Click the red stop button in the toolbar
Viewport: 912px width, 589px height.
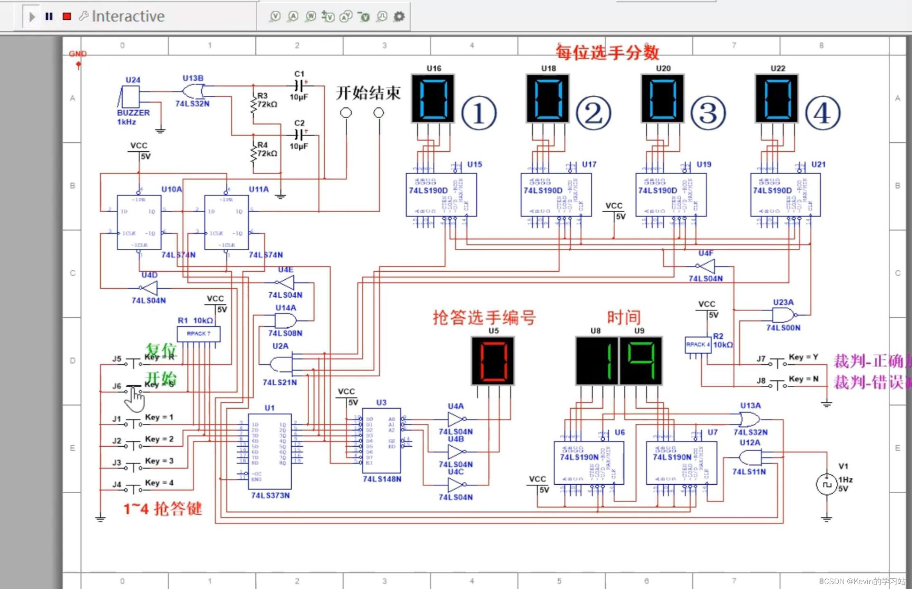pyautogui.click(x=67, y=16)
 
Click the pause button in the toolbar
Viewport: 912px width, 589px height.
pyautogui.click(x=49, y=16)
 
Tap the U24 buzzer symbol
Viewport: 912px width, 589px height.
pyautogui.click(x=131, y=97)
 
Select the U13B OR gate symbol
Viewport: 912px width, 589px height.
pyautogui.click(x=193, y=90)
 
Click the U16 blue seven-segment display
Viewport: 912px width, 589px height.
pyautogui.click(x=433, y=99)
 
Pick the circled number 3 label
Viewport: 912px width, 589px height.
pyautogui.click(x=708, y=113)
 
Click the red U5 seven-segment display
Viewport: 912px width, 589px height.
pyautogui.click(x=493, y=361)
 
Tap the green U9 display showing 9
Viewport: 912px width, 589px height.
pyautogui.click(x=641, y=361)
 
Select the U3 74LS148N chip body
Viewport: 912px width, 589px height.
pyautogui.click(x=381, y=441)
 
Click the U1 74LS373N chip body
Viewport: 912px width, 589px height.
pyautogui.click(x=270, y=451)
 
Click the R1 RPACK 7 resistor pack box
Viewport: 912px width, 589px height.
pyautogui.click(x=198, y=334)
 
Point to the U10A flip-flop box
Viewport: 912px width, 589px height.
pyautogui.click(x=139, y=222)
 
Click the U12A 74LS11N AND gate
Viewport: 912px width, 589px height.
pyautogui.click(x=750, y=457)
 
